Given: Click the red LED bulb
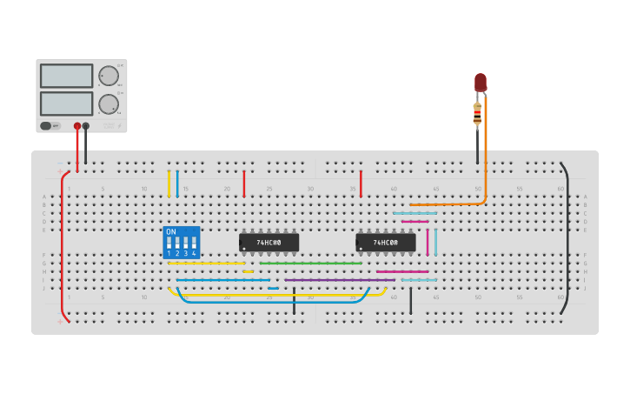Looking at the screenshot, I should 481,82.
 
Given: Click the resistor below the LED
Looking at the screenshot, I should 477,113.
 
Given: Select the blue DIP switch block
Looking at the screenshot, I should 181,243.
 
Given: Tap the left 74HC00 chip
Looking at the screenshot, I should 269,243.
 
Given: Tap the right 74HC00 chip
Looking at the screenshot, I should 385,243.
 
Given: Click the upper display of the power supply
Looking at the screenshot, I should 66,76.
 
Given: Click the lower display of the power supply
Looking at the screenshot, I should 66,104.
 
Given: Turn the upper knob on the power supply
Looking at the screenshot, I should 109,76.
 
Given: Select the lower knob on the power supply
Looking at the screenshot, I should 109,104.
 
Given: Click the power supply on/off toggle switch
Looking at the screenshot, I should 45,126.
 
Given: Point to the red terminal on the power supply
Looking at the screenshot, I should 77,126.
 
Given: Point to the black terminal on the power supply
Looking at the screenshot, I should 85,126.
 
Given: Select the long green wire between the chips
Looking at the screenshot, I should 310,263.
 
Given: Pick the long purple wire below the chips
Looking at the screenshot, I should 339,280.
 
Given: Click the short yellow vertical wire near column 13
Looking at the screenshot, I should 169,184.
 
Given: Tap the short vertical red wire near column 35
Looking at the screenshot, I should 361,184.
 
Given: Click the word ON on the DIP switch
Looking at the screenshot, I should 170,232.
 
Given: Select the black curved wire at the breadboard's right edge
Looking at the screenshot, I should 568,235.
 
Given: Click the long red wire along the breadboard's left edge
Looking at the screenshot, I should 62,244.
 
